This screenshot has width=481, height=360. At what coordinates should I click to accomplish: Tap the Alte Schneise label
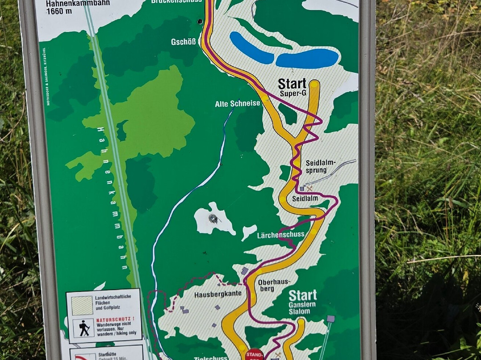click(237, 104)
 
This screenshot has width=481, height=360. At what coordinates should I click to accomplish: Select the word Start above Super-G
click(292, 84)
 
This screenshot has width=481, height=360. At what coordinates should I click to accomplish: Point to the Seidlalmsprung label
click(321, 166)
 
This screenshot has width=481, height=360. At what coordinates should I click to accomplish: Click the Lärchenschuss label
click(281, 235)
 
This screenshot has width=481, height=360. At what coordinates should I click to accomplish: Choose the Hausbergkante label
click(218, 294)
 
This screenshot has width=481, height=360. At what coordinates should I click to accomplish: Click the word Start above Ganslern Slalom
click(303, 295)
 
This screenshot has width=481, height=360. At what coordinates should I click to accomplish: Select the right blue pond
click(307, 59)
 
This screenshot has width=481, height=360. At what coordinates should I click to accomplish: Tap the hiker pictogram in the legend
click(84, 327)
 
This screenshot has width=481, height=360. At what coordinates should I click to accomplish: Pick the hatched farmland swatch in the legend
click(82, 305)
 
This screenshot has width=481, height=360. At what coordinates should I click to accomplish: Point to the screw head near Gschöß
click(200, 21)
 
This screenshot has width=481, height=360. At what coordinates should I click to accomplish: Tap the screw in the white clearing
click(213, 218)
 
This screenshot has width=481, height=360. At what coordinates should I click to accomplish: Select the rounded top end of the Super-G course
click(314, 84)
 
